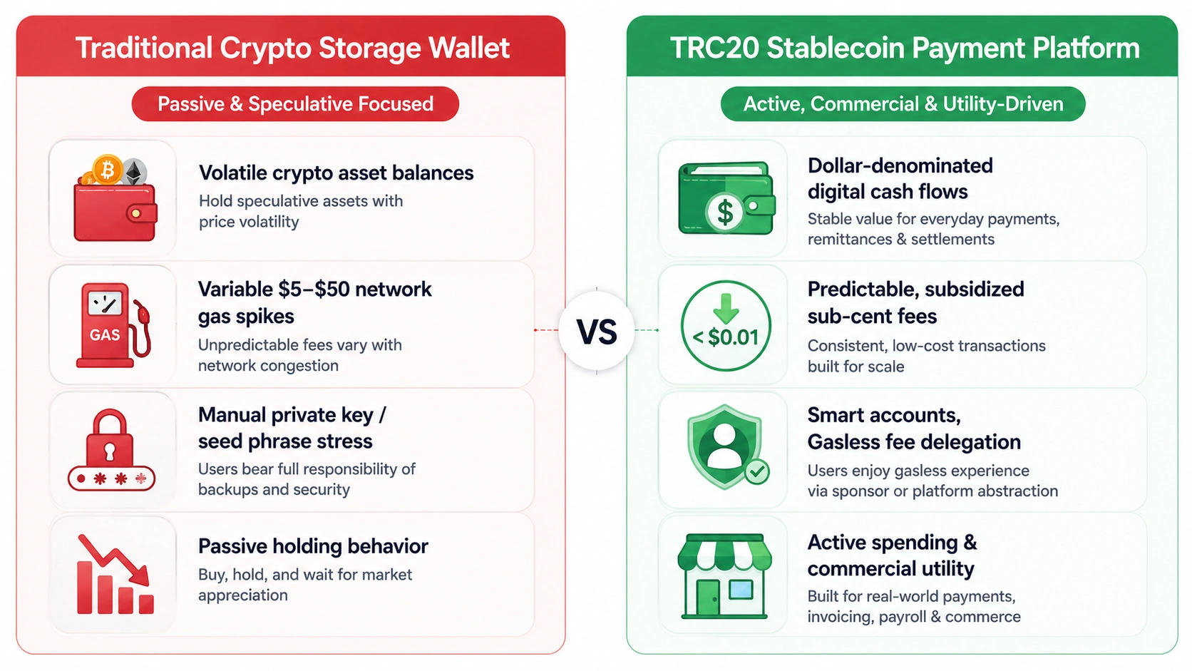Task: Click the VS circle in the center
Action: click(x=597, y=330)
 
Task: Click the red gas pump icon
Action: click(x=113, y=325)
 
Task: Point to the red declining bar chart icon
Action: click(x=115, y=575)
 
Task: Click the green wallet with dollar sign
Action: click(x=726, y=198)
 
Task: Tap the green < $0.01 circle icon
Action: click(x=726, y=326)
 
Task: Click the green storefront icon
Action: click(x=725, y=576)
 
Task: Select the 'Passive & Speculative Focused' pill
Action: click(x=295, y=104)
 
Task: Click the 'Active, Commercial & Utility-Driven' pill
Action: click(x=903, y=104)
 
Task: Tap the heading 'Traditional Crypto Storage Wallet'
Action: click(x=292, y=48)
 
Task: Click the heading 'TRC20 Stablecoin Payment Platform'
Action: click(x=905, y=48)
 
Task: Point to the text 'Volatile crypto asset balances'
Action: click(x=336, y=173)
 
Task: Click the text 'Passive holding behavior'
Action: click(x=313, y=546)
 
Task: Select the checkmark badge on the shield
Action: click(x=756, y=471)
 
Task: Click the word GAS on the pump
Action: click(x=104, y=334)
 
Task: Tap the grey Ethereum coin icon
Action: click(x=135, y=172)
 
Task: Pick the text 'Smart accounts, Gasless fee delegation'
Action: click(x=914, y=429)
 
